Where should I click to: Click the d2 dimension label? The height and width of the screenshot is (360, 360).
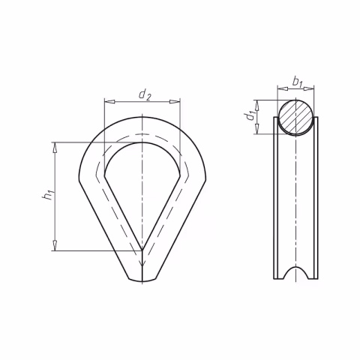click(x=145, y=94)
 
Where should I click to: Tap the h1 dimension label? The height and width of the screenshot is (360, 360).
click(x=48, y=195)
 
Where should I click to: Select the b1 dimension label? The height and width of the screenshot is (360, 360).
click(x=298, y=82)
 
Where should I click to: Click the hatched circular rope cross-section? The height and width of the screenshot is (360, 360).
click(x=295, y=117)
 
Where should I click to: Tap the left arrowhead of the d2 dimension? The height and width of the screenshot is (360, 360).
click(x=109, y=102)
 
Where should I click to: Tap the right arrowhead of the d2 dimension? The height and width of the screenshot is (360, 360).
click(x=175, y=102)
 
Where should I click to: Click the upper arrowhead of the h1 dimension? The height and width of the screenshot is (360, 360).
click(x=55, y=148)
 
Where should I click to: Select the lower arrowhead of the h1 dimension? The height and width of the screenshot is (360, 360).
click(x=55, y=245)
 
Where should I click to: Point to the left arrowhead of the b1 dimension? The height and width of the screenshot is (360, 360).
click(x=283, y=88)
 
